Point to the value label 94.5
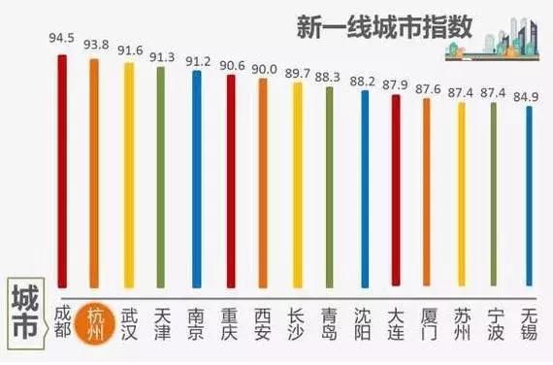61,39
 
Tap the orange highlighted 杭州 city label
94,320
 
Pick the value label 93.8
94,44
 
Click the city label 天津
162,320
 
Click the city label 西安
263,320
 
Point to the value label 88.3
330,74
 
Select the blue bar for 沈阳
364,189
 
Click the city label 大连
397,320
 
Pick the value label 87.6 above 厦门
428,85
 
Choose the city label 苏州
463,320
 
